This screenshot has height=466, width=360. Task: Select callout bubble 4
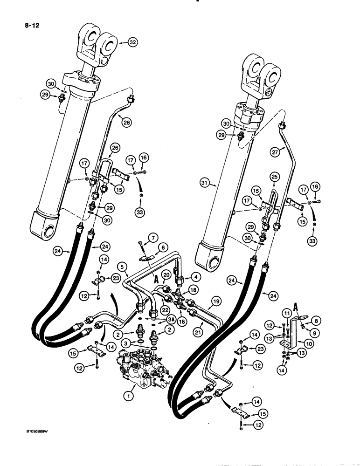tap(195, 276)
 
